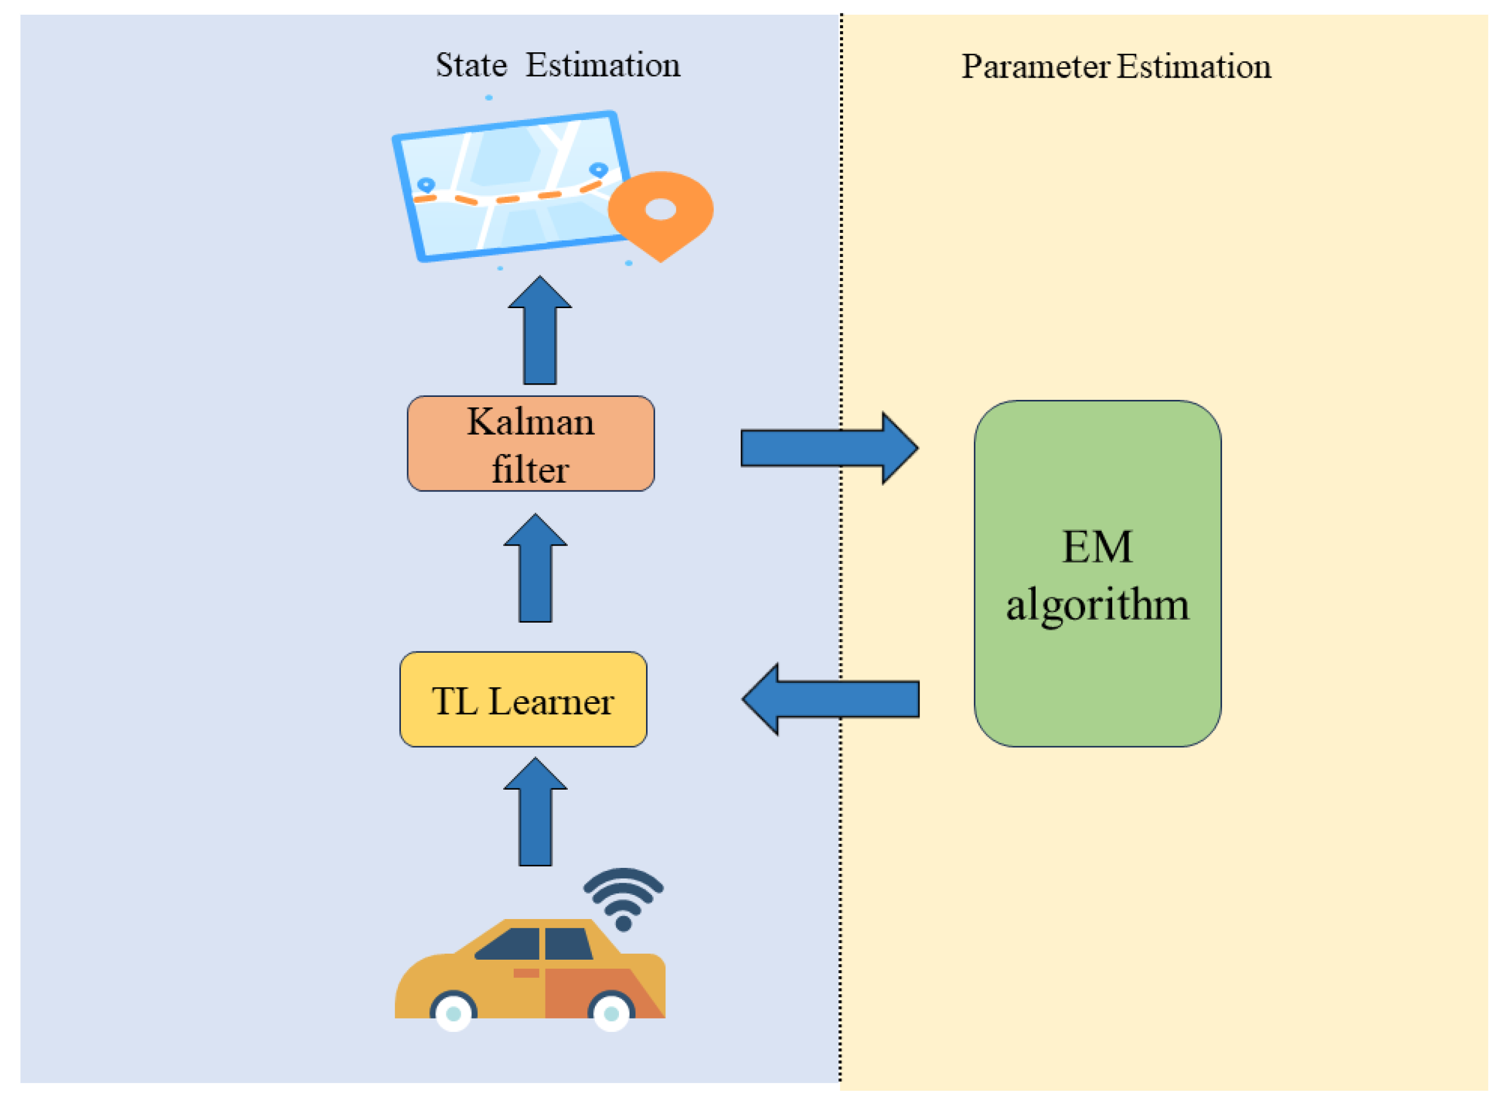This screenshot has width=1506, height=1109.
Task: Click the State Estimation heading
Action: (x=558, y=65)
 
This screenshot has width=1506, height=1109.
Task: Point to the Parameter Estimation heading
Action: (x=1116, y=66)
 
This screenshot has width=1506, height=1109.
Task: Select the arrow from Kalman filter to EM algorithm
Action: (x=829, y=447)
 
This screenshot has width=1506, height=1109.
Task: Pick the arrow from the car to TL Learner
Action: (x=535, y=816)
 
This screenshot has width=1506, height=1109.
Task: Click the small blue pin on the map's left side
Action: (x=426, y=184)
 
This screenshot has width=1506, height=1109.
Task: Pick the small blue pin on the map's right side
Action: (x=598, y=169)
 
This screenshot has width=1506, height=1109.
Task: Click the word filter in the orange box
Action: (x=530, y=469)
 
